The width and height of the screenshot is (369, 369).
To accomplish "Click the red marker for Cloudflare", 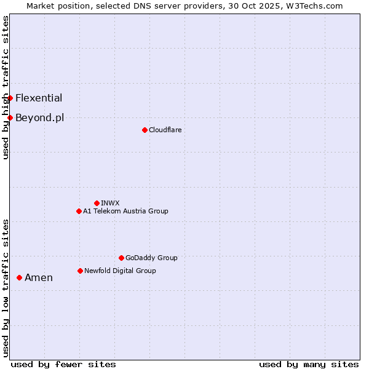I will coord(145,130).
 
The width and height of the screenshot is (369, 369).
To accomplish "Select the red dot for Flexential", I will coord(10,98).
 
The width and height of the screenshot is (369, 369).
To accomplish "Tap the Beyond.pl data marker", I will coord(10,117).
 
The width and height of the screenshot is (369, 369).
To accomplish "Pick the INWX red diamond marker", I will coord(97,203).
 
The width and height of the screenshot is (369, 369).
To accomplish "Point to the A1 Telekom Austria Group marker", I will coord(79,211).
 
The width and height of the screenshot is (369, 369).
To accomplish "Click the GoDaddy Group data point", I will coord(121,258).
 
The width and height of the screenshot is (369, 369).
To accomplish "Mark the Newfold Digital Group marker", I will coord(80,271).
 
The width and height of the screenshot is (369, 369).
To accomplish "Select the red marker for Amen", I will coord(19,277).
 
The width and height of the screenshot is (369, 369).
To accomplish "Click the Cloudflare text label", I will coord(165,130).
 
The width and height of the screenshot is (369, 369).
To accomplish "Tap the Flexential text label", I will coord(39,98).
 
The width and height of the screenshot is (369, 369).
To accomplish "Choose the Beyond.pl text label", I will coord(39,117).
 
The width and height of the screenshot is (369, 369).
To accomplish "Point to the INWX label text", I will coord(110,203).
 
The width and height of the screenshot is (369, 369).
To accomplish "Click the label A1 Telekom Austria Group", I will coord(125,211).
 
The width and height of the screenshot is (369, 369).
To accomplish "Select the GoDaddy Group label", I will coord(151,258).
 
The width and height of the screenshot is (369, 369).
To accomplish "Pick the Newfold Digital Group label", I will coord(120,271).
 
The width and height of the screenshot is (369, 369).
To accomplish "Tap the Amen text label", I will coord(39,277).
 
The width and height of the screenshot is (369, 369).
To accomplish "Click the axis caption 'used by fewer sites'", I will coord(63,364).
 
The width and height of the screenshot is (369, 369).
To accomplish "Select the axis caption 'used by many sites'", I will coord(309,364).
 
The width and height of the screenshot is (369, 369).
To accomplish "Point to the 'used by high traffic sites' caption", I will coord(6,87).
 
